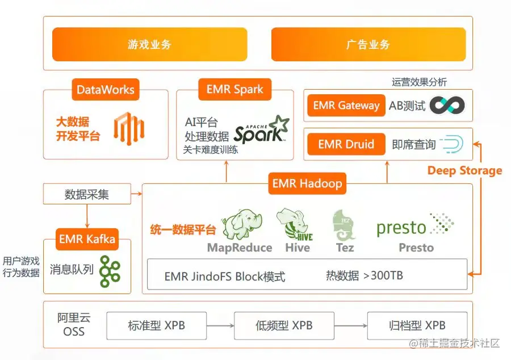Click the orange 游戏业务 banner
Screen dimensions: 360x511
(x=149, y=44)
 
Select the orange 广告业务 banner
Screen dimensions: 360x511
(x=368, y=44)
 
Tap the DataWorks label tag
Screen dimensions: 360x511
(x=106, y=90)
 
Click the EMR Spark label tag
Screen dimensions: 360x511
(x=235, y=90)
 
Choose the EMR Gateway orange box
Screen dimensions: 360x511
(x=346, y=105)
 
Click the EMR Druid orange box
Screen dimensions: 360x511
(x=346, y=144)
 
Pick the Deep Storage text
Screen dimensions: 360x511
(x=464, y=171)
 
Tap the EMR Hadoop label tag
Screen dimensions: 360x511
(x=307, y=184)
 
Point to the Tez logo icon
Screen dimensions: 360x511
(x=344, y=225)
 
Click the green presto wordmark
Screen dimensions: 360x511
(x=401, y=228)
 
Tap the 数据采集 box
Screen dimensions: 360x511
(x=86, y=195)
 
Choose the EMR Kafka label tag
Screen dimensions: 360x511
(x=87, y=239)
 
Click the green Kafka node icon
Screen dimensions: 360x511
(x=110, y=270)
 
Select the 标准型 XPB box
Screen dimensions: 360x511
(x=156, y=326)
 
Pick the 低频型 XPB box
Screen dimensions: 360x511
(x=284, y=326)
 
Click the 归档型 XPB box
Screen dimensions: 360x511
(x=417, y=326)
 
